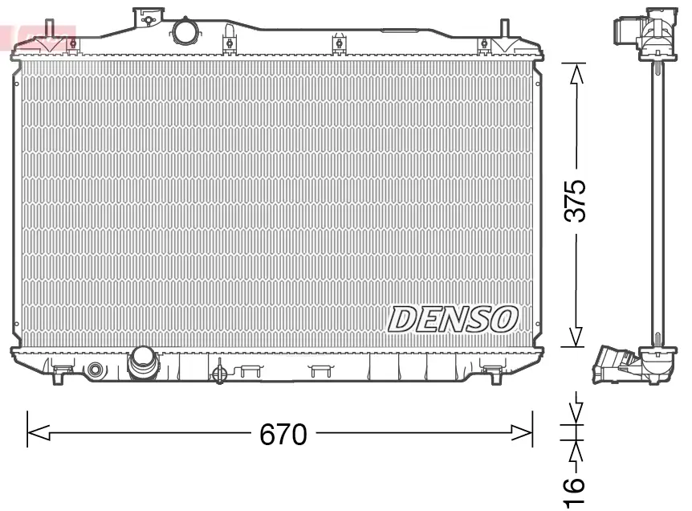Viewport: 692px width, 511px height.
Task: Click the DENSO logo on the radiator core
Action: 452,319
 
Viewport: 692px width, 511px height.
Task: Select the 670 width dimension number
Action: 283,435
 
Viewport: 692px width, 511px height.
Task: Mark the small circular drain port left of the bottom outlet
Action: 97,370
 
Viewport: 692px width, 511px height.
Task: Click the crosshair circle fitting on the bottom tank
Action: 218,373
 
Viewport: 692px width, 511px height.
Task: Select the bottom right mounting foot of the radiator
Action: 491,370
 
